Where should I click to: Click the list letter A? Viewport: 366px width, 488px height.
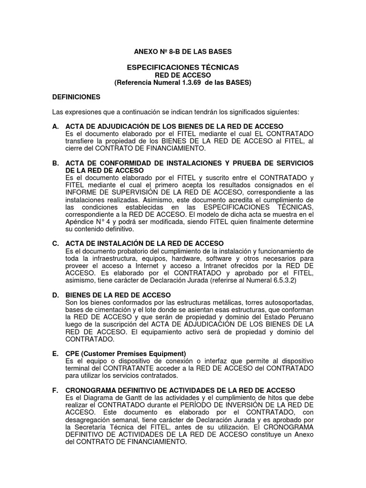tap(55, 126)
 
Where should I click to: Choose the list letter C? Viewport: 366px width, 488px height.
tap(55, 244)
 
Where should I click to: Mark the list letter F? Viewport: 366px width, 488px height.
tap(55, 390)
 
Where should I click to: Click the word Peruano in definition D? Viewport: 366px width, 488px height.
tap(296, 317)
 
